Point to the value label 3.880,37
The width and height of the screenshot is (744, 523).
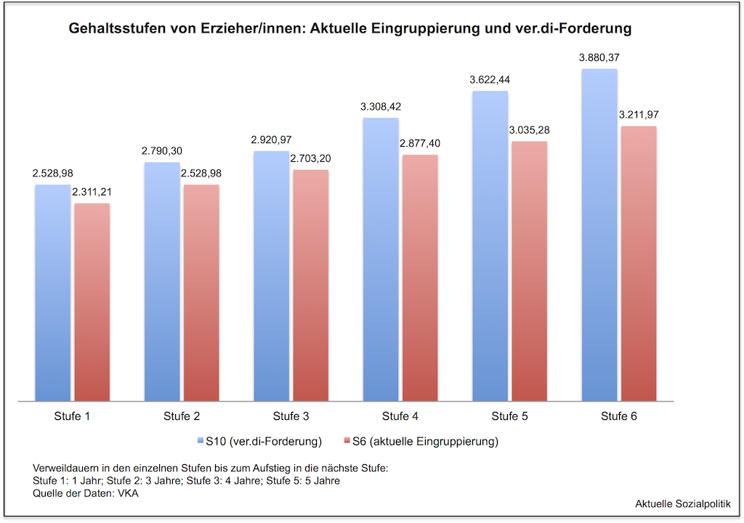click(x=599, y=57)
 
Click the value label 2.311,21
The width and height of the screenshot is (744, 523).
click(x=92, y=192)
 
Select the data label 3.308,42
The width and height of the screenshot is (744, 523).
click(x=381, y=106)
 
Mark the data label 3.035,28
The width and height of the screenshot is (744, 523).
click(x=529, y=130)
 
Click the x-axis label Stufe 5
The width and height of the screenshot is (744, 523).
click(x=509, y=416)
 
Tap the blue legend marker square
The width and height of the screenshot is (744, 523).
click(x=200, y=441)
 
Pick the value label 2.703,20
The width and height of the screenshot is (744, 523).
click(x=310, y=158)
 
